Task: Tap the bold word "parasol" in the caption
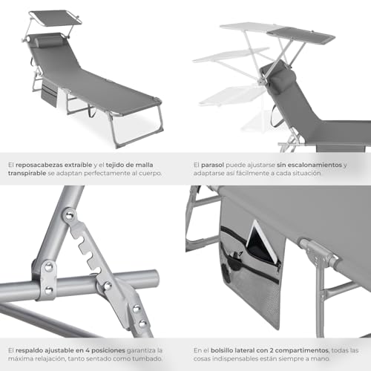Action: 212,165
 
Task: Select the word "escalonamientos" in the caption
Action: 309,165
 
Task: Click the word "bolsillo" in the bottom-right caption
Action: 222,350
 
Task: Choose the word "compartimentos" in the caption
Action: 301,350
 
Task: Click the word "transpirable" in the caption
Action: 27,173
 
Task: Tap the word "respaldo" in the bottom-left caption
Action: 29,350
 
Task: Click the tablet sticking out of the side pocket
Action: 263,241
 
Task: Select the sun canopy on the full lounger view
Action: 56,17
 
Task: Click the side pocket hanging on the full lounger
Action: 49,94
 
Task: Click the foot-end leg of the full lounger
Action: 137,128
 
